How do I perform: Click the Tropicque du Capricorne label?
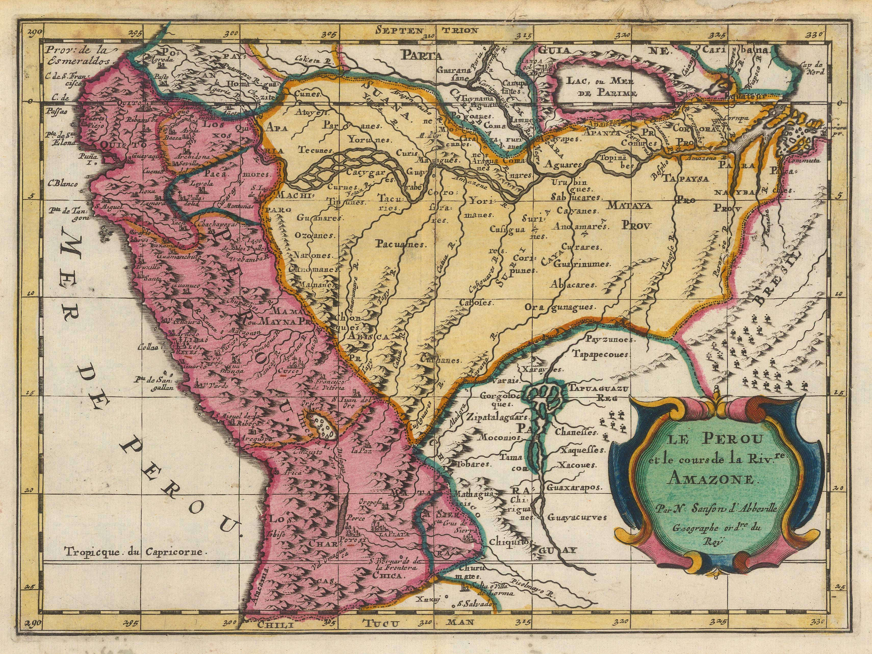pos(134,551)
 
